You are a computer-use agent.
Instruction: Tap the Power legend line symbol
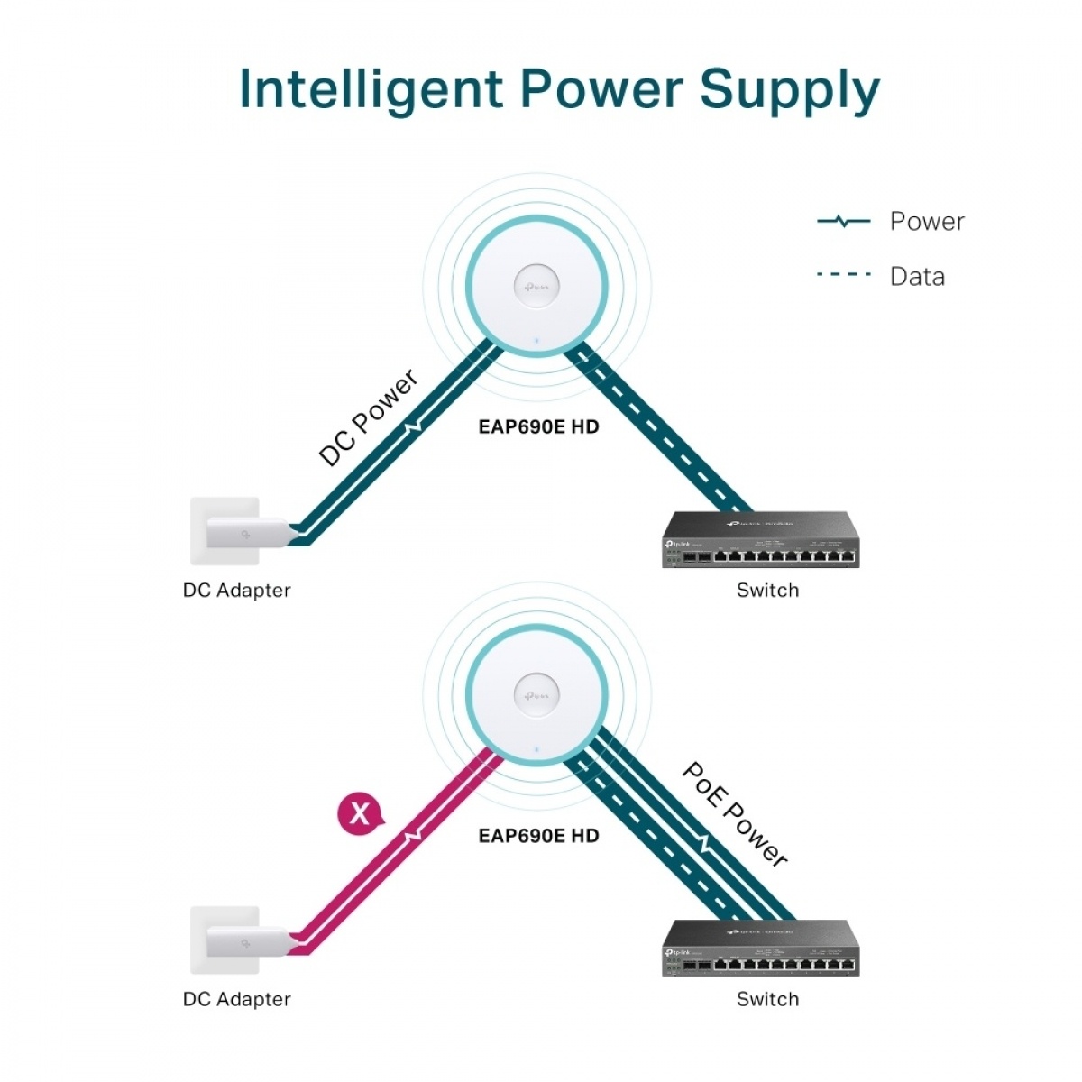843,221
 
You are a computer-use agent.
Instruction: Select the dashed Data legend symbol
843,275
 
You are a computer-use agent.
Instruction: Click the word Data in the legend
917,276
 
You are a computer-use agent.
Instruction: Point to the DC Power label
368,417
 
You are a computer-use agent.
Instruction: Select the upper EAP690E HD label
538,426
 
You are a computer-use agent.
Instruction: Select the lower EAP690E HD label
538,836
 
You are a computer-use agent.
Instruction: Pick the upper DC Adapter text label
236,591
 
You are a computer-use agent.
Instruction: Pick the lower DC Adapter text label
236,999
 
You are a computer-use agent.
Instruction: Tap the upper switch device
760,541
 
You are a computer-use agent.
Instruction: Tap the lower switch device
760,949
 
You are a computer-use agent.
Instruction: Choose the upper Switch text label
767,591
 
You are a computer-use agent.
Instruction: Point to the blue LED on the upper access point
536,342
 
